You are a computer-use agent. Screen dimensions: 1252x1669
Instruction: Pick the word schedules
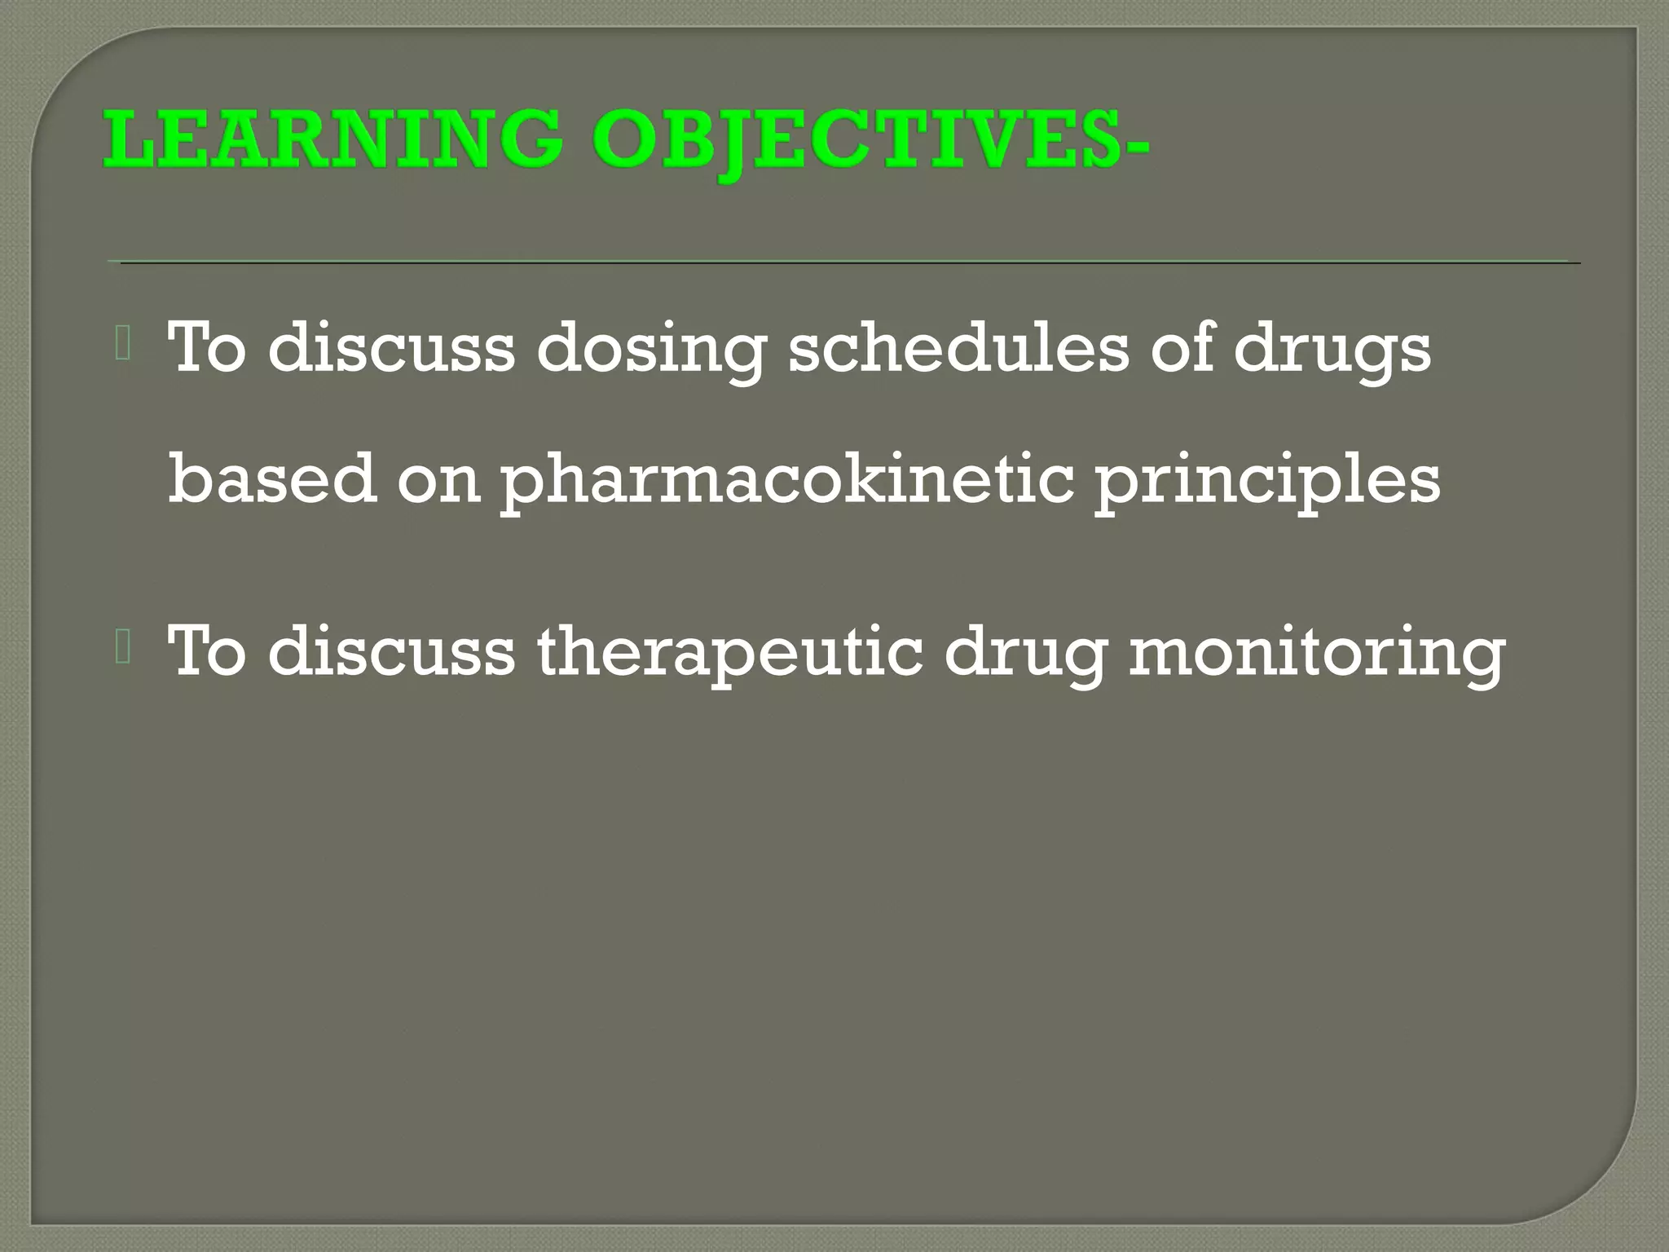coord(958,346)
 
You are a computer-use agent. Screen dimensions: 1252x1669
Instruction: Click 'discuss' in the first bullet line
coord(391,346)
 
